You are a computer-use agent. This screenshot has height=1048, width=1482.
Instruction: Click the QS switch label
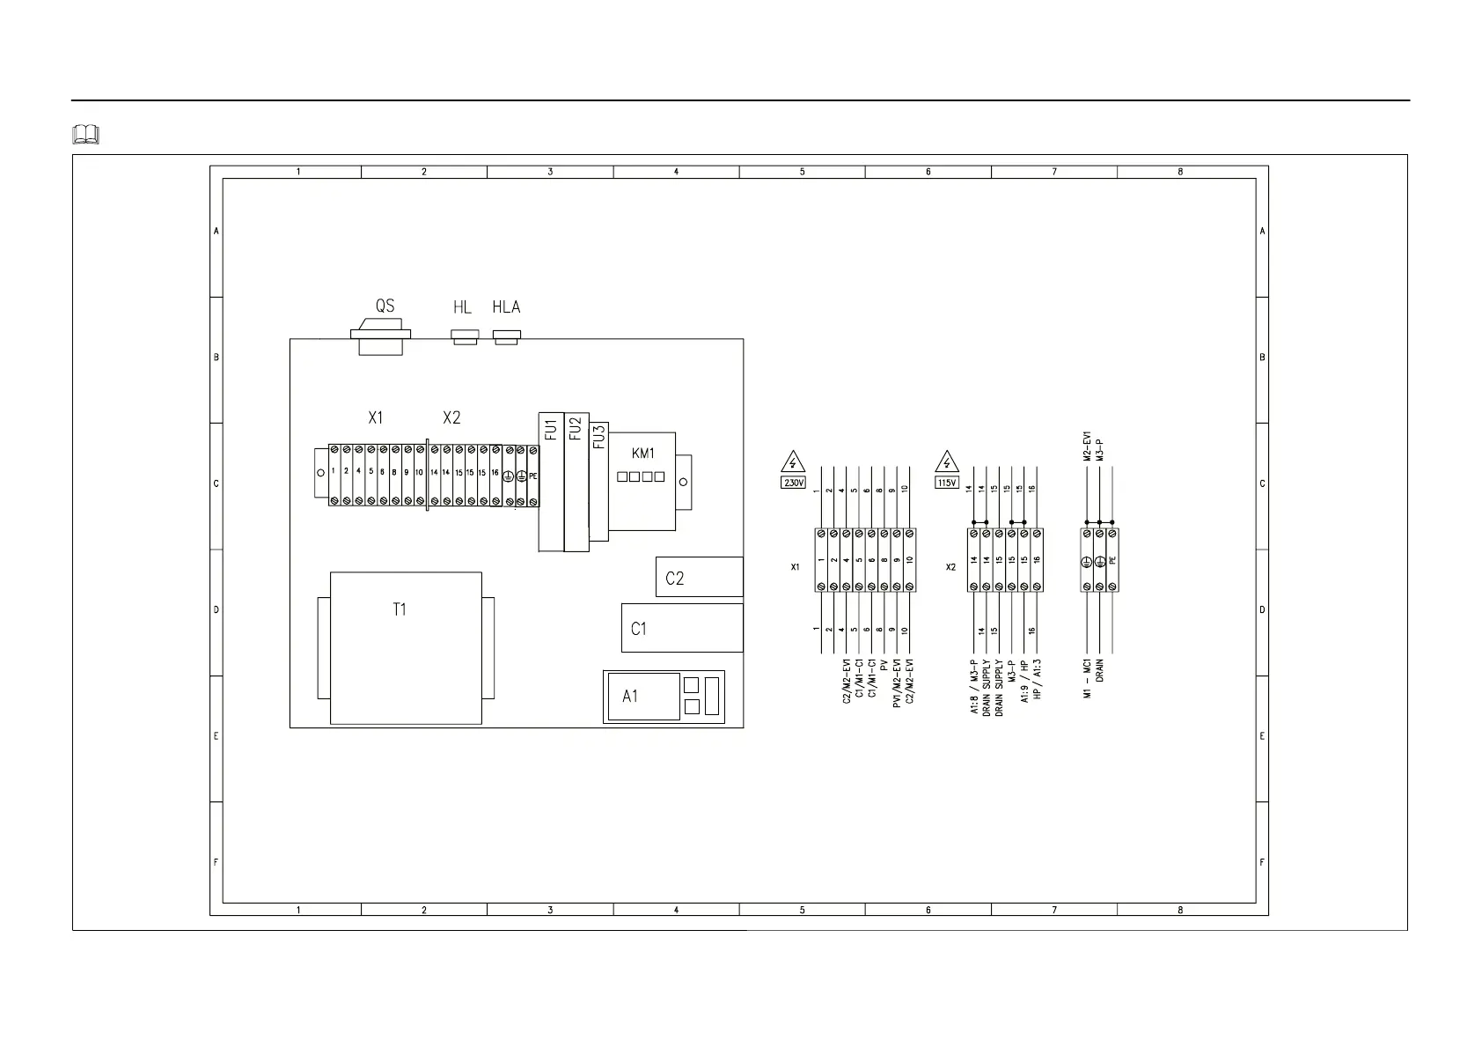coord(385,306)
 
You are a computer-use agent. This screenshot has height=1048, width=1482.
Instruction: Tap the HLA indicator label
coord(506,306)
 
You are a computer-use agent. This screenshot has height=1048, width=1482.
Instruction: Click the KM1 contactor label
coord(643,454)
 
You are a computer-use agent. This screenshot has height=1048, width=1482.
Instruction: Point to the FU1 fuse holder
coord(551,482)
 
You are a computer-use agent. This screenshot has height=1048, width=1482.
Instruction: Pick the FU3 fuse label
coord(599,437)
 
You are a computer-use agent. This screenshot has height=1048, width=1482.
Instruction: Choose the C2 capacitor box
coord(699,578)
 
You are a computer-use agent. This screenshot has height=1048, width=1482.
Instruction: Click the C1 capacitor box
coord(682,628)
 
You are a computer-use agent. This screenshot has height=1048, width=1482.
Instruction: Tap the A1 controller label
coord(630,697)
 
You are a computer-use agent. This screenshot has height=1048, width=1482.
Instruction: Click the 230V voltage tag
coord(794,483)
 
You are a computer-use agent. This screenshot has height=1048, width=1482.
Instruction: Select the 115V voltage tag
coord(947,483)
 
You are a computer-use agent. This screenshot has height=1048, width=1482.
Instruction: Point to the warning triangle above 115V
coord(947,462)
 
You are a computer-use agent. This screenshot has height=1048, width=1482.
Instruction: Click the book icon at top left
coord(86,135)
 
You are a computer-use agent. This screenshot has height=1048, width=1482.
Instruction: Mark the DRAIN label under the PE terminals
coord(1100,671)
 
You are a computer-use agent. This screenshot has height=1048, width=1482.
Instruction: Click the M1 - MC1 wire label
coord(1088,679)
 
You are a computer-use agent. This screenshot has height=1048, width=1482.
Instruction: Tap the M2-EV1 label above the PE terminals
coord(1088,447)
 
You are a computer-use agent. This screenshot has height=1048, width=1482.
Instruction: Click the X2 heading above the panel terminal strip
coord(451,418)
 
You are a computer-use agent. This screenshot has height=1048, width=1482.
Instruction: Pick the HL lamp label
coord(462,306)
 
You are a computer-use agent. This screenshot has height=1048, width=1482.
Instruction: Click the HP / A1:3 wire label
coord(1038,679)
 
